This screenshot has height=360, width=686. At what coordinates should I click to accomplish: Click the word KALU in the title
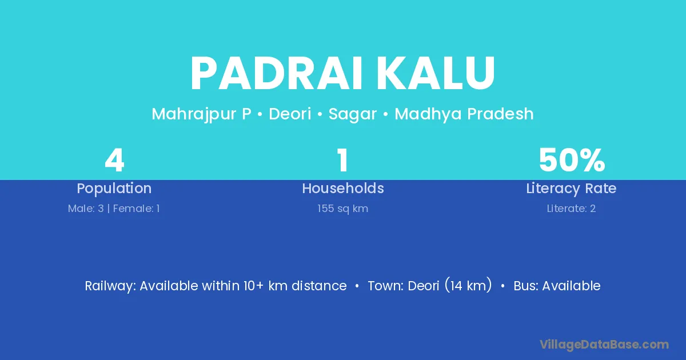click(436, 74)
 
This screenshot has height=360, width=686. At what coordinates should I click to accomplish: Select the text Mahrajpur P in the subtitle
click(201, 114)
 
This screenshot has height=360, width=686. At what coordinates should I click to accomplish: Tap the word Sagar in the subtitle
click(353, 114)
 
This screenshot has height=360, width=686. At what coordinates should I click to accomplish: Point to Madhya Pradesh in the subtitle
click(464, 114)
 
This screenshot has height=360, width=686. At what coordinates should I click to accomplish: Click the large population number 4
click(114, 160)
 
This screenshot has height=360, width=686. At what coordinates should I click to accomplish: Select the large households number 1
click(342, 160)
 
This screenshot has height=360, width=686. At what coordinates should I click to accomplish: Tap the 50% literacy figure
click(572, 160)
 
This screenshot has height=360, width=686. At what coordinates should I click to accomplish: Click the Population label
click(114, 189)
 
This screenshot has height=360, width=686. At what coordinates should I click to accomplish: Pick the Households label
click(343, 188)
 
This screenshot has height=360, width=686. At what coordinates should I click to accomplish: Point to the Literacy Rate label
click(571, 189)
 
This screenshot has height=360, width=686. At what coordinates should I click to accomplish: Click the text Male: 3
click(86, 209)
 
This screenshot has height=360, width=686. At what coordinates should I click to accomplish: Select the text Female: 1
click(136, 209)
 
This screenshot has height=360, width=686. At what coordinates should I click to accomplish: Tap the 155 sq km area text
click(342, 209)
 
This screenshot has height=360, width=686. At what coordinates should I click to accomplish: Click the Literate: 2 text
click(571, 209)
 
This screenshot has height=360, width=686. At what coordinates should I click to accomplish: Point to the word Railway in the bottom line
click(110, 286)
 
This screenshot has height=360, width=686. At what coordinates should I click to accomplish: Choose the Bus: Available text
click(557, 286)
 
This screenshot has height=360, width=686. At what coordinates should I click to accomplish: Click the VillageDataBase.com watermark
click(604, 345)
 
